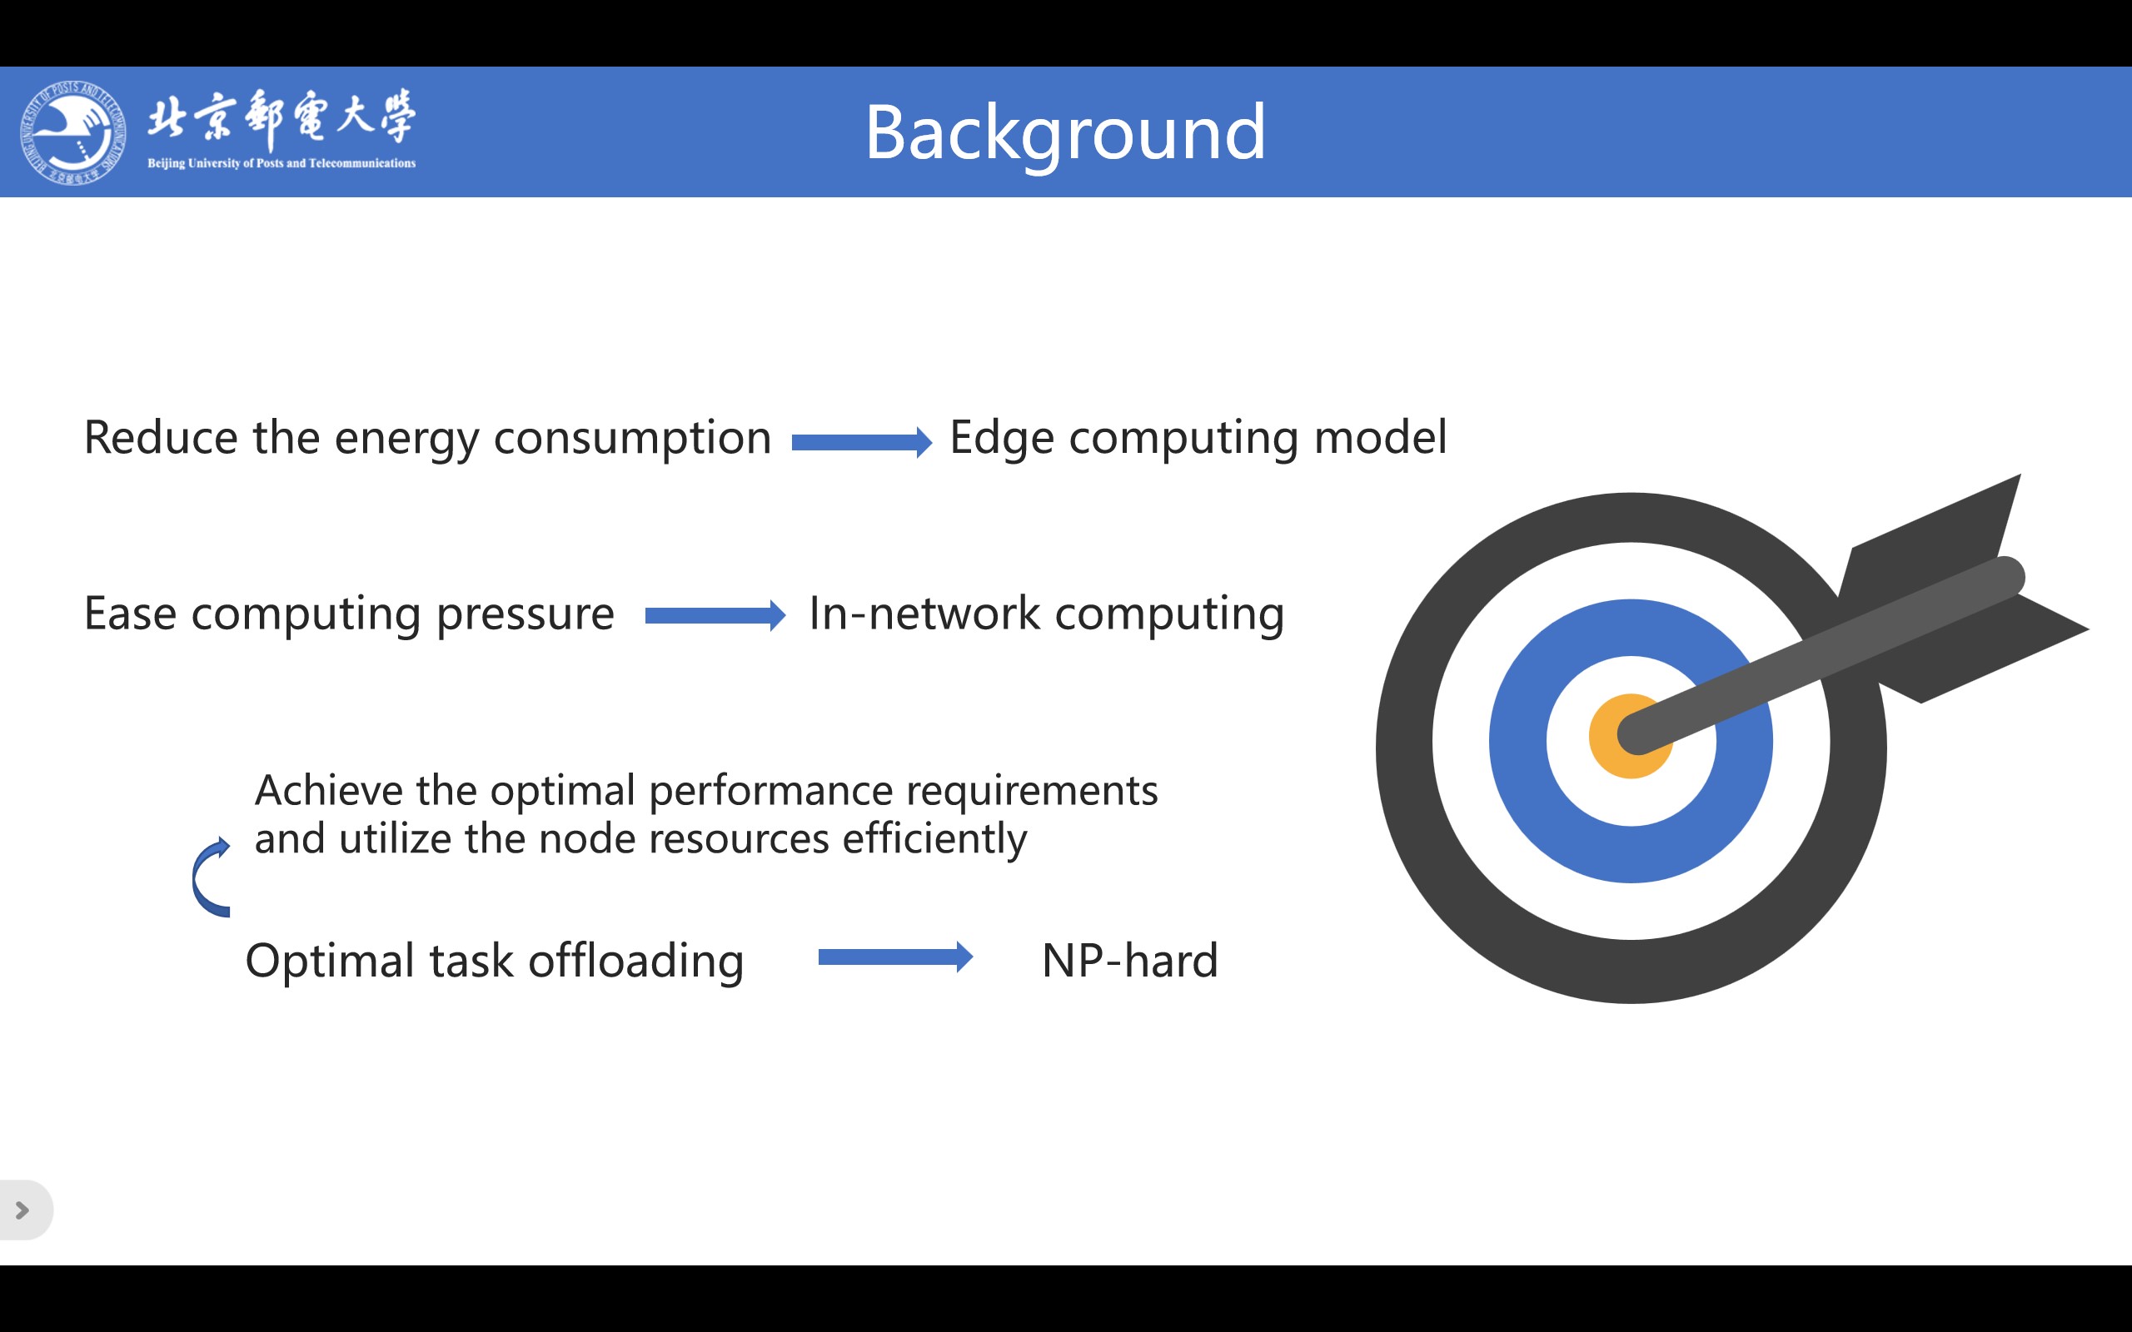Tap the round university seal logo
72,132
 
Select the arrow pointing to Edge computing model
862,442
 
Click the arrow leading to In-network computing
715,616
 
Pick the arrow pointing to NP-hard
896,957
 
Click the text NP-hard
1129,960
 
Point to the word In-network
924,614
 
